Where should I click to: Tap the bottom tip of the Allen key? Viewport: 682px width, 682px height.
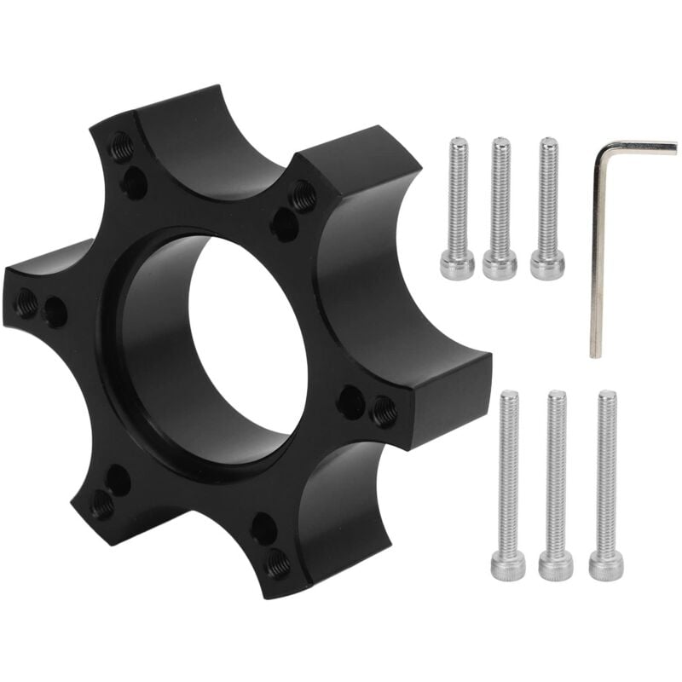coord(596,351)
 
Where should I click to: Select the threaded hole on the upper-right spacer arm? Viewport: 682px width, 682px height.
coord(304,196)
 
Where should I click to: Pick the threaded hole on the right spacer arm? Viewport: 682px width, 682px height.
coord(384,411)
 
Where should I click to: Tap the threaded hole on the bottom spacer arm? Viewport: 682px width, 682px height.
coord(277,563)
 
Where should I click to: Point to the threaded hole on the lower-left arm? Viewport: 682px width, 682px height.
coord(102,506)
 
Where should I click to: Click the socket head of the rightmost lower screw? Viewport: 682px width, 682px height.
coord(606,565)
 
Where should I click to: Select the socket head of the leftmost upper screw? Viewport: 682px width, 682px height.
coord(458,265)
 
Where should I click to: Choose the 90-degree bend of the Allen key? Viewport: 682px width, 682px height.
coord(600,148)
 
